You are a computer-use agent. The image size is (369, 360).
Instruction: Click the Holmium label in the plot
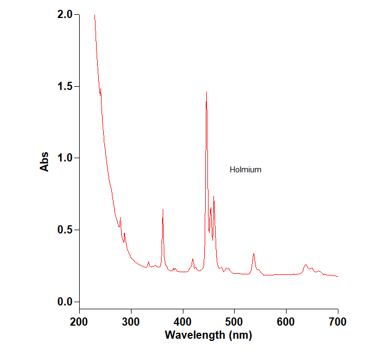245,170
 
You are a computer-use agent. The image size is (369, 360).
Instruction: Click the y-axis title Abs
45,161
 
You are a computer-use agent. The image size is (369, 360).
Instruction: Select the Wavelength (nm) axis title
209,334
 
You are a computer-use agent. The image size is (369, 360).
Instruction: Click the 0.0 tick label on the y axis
64,302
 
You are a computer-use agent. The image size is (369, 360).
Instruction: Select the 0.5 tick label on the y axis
64,230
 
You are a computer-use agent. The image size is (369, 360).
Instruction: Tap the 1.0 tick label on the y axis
64,158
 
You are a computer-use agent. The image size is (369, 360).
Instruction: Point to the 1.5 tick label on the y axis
64,87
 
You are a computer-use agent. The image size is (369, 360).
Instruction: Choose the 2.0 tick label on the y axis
64,15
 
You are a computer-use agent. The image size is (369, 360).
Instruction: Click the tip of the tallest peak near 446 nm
206,92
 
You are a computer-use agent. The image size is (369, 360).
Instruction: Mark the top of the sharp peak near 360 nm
163,209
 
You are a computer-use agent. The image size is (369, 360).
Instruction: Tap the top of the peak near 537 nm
254,254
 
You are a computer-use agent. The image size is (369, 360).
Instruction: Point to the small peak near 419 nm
193,259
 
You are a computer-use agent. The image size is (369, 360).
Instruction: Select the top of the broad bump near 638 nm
306,265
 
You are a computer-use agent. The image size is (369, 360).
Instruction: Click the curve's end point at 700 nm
338,276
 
